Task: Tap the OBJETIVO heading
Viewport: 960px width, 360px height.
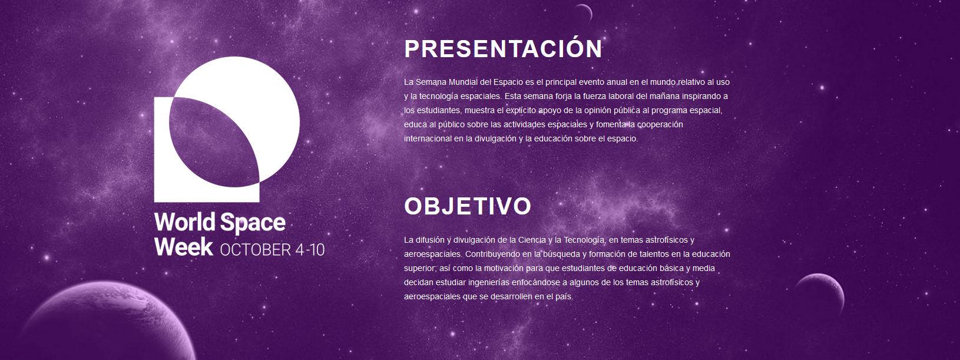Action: click(x=468, y=206)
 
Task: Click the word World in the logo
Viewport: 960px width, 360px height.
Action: click(x=185, y=222)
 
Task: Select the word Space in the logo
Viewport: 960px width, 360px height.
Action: click(x=253, y=223)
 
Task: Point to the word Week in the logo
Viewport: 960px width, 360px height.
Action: click(x=183, y=247)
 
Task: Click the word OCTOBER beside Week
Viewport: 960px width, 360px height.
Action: click(x=255, y=250)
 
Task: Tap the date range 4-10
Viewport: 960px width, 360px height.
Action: click(x=310, y=250)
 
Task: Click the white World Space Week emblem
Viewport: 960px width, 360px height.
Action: click(x=227, y=129)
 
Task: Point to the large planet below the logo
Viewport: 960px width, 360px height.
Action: click(x=107, y=322)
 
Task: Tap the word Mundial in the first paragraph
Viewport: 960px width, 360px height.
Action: click(x=464, y=82)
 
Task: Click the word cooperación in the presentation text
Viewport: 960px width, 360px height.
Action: click(x=660, y=125)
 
